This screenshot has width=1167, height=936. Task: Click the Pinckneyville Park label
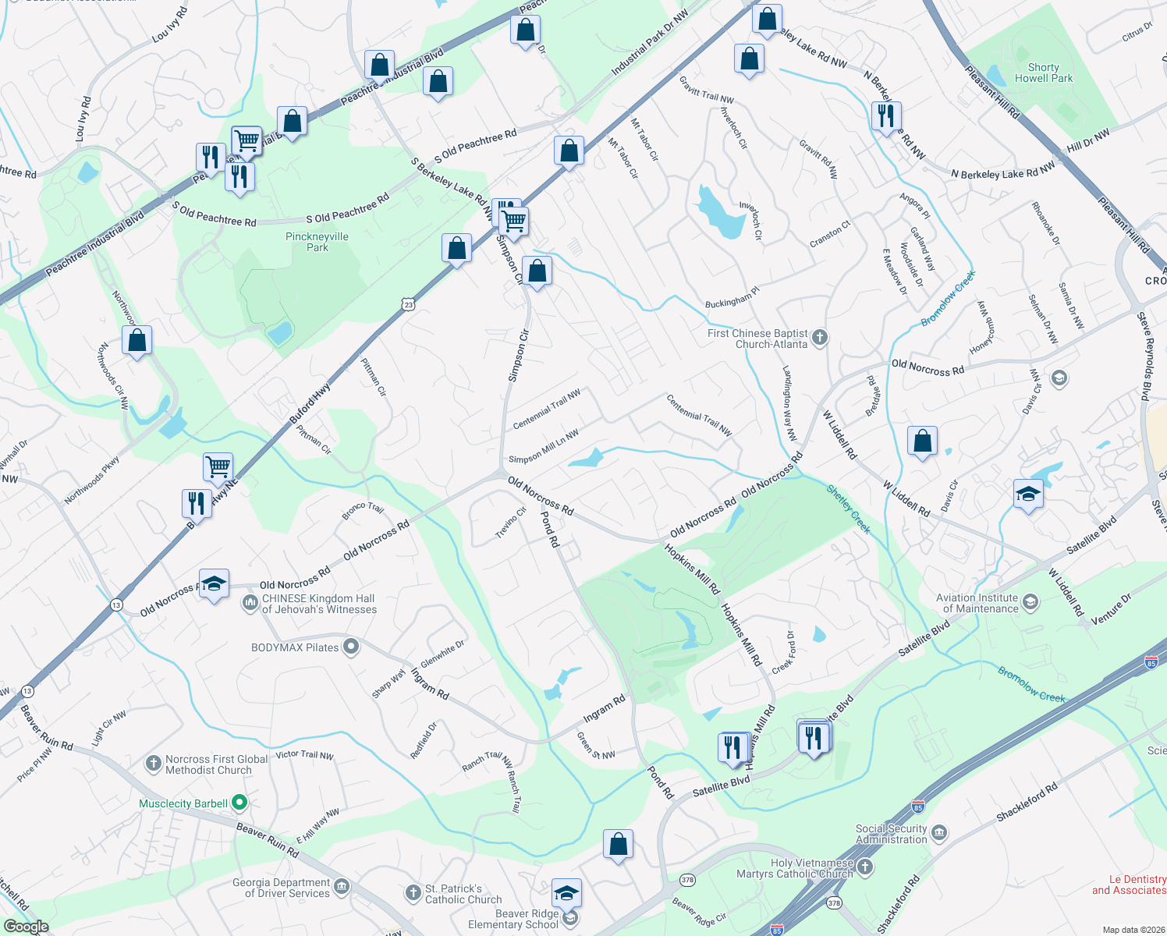[x=317, y=242]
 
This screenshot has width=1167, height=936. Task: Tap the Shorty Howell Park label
[x=1044, y=73]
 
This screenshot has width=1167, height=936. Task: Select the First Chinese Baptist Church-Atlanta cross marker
[x=819, y=338]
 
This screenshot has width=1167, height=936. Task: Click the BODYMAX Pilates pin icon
[x=351, y=647]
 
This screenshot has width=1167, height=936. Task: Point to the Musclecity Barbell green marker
[x=239, y=802]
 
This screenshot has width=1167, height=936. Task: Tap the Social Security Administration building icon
[x=939, y=832]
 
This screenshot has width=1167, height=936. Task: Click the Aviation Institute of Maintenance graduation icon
[x=1030, y=601]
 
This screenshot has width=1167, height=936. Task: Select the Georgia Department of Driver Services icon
[x=342, y=887]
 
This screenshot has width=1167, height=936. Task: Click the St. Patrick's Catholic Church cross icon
[x=413, y=892]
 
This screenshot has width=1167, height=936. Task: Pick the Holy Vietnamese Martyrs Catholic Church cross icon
[x=864, y=867]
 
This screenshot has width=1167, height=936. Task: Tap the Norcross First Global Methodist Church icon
[x=154, y=763]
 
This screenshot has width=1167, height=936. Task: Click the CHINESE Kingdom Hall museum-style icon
[x=250, y=602]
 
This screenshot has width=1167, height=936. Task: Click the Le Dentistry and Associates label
[x=1129, y=885]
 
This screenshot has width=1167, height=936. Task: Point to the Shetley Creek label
[x=848, y=509]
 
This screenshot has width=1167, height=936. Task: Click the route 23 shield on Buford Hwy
[x=409, y=305]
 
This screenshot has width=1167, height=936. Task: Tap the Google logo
[x=26, y=927]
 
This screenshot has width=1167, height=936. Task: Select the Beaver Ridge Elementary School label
[x=513, y=919]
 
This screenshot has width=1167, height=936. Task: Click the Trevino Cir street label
[x=512, y=522]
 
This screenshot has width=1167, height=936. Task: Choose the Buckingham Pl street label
[x=732, y=297]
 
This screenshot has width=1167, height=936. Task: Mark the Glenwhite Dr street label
[x=442, y=654]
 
